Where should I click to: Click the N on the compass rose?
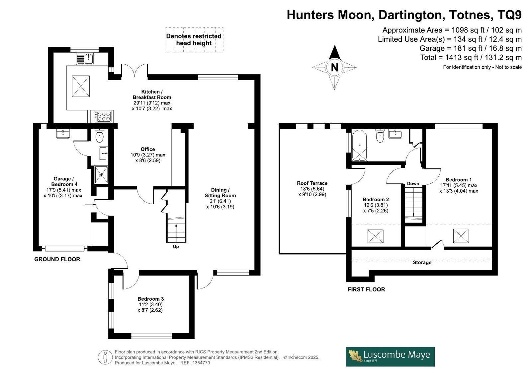pos(334,68)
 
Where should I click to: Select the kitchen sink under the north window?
pos(85,59)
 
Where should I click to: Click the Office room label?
pos(148,149)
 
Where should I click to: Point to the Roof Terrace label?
pos(312,183)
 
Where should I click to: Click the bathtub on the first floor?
pos(360,145)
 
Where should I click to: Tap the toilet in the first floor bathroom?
pos(380,136)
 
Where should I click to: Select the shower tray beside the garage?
pos(101,175)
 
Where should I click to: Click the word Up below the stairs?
pos(176,246)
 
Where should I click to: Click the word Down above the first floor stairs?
pos(413,183)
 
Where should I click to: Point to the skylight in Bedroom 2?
pos(375,236)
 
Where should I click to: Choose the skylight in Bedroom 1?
pos(461,236)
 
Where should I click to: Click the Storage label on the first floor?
pos(422,262)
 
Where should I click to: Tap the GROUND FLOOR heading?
pos(57,259)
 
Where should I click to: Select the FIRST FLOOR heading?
pos(366,289)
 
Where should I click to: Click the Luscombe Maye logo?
pos(390,357)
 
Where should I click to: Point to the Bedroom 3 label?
pos(150,299)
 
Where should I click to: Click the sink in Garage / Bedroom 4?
pos(63,134)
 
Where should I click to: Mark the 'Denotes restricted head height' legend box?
pos(194,39)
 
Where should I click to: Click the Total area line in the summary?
pos(471,57)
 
